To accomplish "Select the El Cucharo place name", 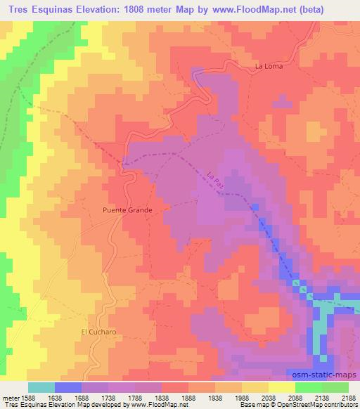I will coord(96,332).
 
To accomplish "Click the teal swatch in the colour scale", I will coord(41,387).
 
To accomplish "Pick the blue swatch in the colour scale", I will coord(68,387).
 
